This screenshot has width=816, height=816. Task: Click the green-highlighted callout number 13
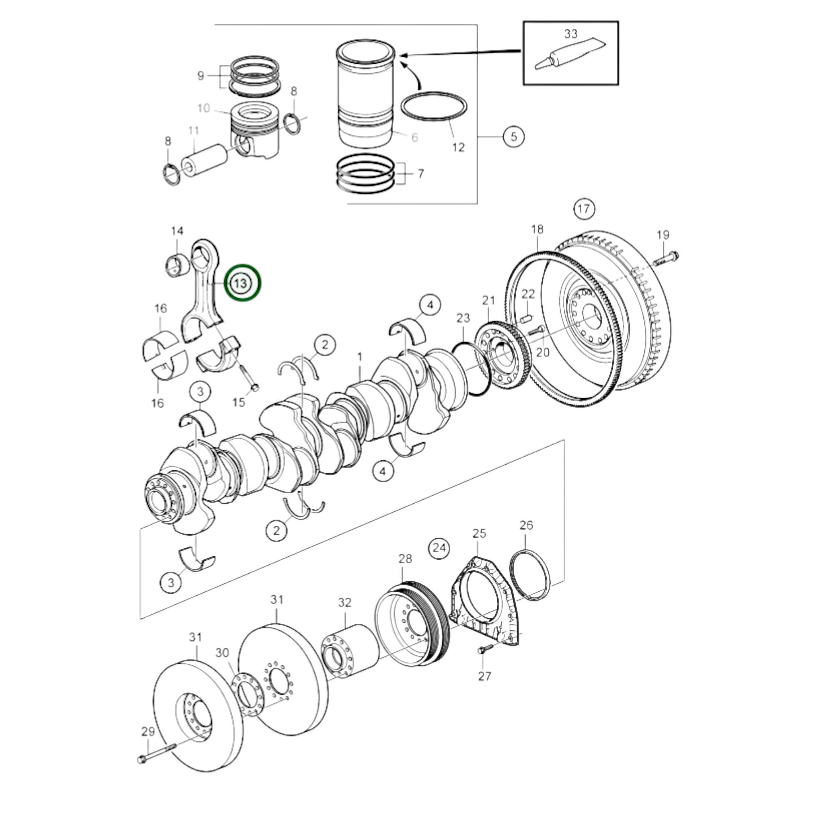(242, 282)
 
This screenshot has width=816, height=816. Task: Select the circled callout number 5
(513, 137)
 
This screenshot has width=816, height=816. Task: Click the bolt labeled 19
(666, 258)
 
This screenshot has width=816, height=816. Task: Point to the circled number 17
(584, 209)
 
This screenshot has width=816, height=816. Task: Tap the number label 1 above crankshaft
(360, 357)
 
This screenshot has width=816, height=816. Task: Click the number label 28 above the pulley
(405, 558)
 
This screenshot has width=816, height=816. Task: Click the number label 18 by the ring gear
(537, 229)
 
